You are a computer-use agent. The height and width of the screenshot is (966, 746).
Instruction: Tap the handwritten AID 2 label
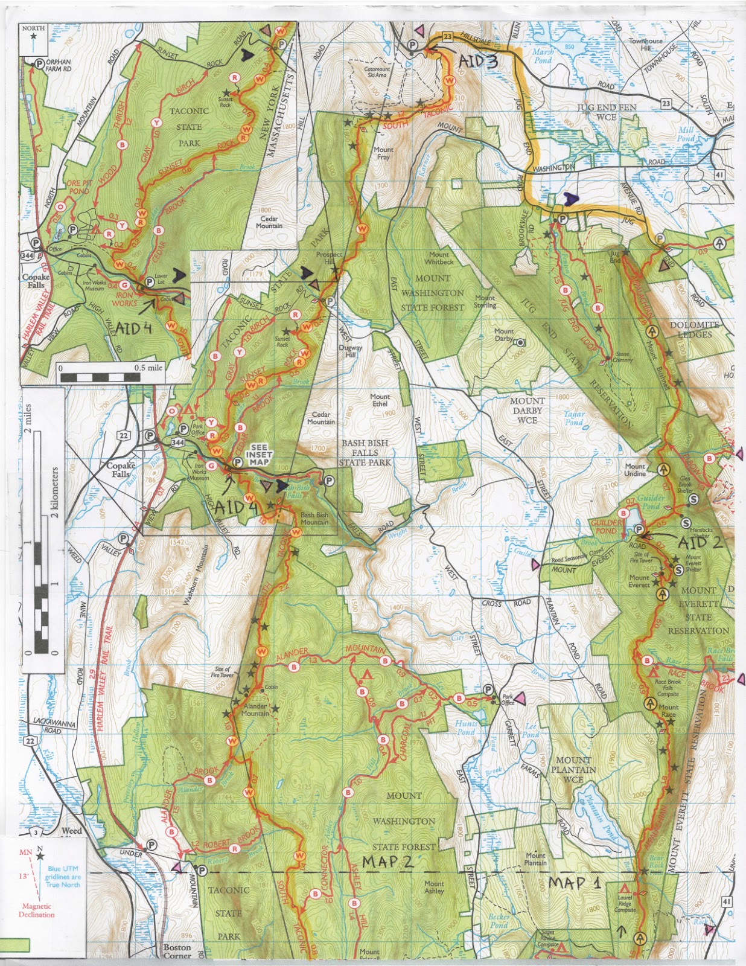700,542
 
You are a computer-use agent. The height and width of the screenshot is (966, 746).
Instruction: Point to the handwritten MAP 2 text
388,862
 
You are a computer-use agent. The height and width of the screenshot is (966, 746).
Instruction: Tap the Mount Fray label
383,153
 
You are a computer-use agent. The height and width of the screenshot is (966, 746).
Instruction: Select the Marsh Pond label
542,56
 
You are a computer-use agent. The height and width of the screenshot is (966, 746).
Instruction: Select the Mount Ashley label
434,887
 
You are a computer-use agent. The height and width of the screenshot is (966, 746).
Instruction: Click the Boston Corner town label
177,952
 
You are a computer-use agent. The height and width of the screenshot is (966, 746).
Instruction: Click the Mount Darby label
505,335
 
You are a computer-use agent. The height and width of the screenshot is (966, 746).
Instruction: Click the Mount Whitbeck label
439,258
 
